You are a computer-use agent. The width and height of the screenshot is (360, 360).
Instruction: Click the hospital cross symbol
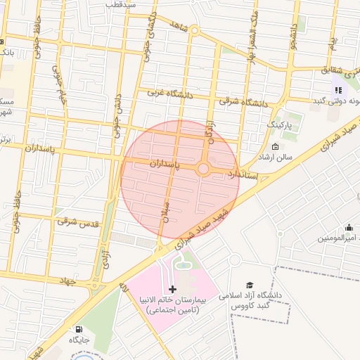point(173,289)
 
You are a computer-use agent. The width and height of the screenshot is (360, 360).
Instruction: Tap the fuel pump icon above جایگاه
point(77,328)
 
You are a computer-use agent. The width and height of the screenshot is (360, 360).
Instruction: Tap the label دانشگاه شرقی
point(243,103)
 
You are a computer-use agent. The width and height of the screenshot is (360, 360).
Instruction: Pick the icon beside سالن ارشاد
point(274,147)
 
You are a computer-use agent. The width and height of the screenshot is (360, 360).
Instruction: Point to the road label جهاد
point(67,281)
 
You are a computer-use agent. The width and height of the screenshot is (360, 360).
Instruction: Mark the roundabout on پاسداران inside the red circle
point(203,169)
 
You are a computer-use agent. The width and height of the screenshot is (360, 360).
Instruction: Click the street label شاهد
point(180,25)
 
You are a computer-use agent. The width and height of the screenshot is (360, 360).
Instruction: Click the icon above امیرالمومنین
point(349,227)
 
